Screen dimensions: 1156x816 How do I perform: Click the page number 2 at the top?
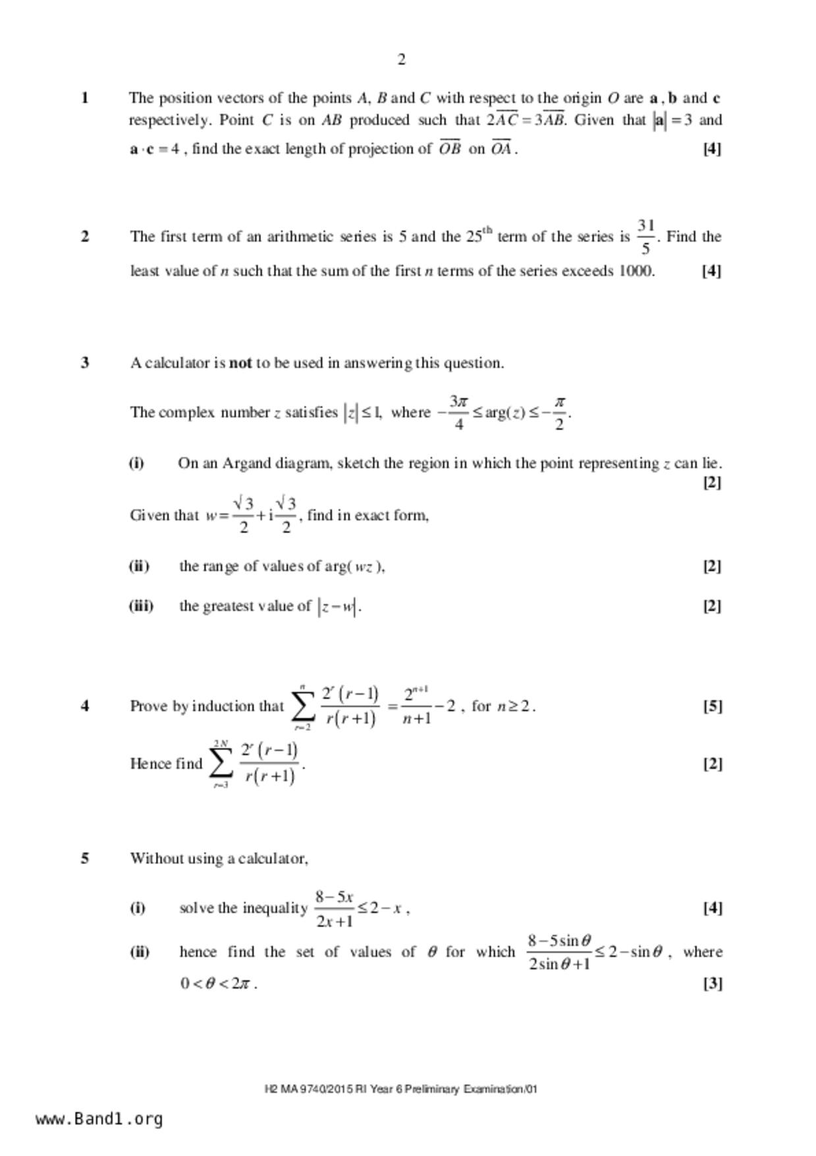pyautogui.click(x=401, y=60)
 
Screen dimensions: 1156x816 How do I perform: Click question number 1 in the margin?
pyautogui.click(x=85, y=98)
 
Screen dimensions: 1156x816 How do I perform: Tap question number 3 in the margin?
pyautogui.click(x=85, y=362)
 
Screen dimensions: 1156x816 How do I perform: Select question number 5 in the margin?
pyautogui.click(x=85, y=858)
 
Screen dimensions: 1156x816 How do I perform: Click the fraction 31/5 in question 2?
pyautogui.click(x=645, y=237)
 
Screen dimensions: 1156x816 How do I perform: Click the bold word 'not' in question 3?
pyautogui.click(x=240, y=362)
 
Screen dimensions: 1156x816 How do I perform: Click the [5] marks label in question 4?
pyautogui.click(x=712, y=707)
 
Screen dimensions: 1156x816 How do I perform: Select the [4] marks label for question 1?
pyautogui.click(x=712, y=149)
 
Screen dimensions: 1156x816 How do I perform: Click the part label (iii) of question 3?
pyautogui.click(x=140, y=606)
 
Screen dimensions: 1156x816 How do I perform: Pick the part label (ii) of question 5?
pyautogui.click(x=139, y=952)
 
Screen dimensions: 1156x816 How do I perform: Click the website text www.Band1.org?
pyautogui.click(x=99, y=1118)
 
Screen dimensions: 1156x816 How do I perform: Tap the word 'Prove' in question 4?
pyautogui.click(x=149, y=707)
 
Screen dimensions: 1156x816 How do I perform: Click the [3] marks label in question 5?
pyautogui.click(x=712, y=983)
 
